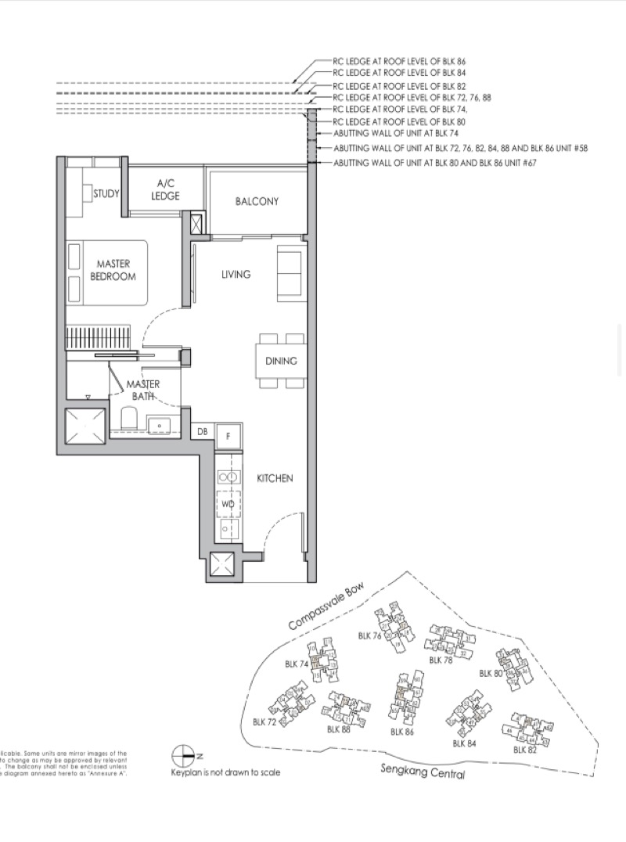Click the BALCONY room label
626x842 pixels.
257,201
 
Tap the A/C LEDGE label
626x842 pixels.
165,190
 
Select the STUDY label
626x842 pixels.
106,193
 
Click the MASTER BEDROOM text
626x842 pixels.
113,270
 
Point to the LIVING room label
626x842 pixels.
236,275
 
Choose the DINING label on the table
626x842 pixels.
281,361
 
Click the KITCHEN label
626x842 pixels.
275,478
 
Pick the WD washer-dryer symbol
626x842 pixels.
228,504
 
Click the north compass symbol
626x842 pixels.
182,756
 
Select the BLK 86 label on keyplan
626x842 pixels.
402,731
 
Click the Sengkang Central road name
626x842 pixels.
423,772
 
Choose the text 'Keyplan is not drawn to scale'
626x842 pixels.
225,772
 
